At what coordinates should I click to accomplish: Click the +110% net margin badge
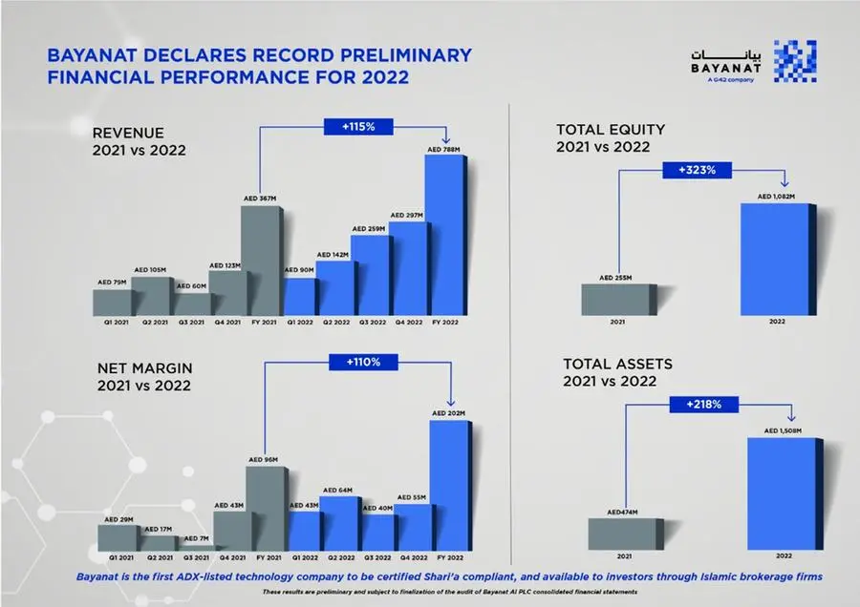pos(355,363)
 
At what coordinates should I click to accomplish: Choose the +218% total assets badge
pos(706,405)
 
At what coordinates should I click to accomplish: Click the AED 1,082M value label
pos(776,197)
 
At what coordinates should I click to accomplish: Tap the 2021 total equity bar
pos(619,300)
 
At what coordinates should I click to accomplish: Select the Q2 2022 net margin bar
pos(338,523)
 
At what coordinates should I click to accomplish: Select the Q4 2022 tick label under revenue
pos(406,323)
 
